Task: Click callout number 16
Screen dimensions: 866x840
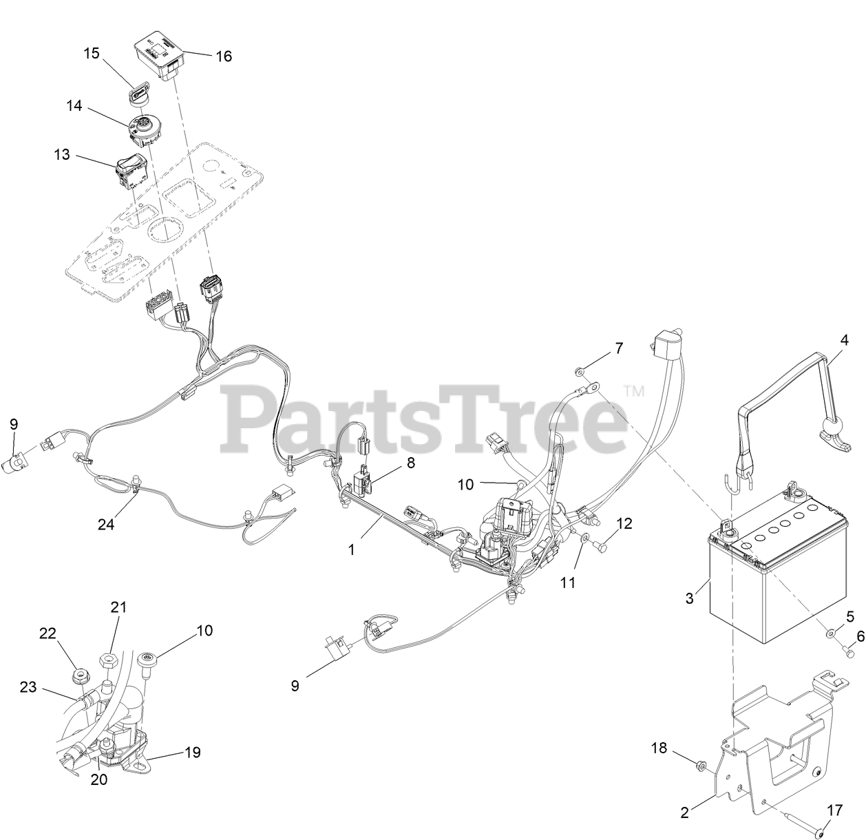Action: [x=224, y=56]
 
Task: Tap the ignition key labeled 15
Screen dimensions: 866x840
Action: [x=140, y=92]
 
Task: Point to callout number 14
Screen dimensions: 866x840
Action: [x=74, y=106]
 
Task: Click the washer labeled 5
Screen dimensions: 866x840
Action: [x=832, y=631]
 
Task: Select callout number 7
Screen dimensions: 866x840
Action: [x=618, y=348]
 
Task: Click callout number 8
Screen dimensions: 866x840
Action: [x=410, y=463]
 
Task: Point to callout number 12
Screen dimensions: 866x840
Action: [x=624, y=523]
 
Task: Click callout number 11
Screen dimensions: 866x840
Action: [x=567, y=582]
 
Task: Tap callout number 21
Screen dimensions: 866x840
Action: [x=118, y=607]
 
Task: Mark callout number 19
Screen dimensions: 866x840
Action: [x=193, y=752]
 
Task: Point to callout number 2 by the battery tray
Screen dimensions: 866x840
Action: [x=684, y=812]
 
